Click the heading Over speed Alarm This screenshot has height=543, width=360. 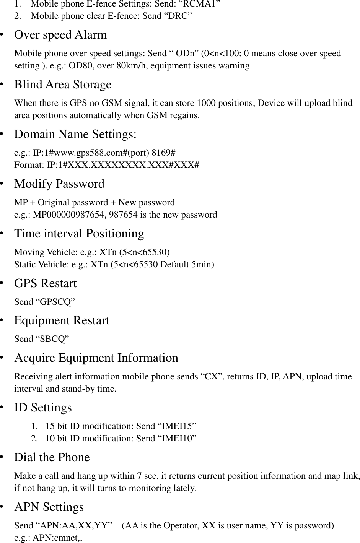60,35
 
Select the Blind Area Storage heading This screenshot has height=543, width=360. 63,85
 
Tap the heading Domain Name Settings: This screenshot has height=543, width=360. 75,134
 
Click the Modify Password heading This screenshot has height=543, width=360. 59,184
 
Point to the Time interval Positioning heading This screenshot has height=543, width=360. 79,234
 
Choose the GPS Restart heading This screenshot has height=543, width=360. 46,283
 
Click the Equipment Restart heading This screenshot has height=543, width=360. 62,320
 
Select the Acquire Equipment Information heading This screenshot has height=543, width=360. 96,358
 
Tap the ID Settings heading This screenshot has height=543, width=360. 43,408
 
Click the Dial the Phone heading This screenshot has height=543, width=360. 52,457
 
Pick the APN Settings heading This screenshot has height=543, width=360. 49,507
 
